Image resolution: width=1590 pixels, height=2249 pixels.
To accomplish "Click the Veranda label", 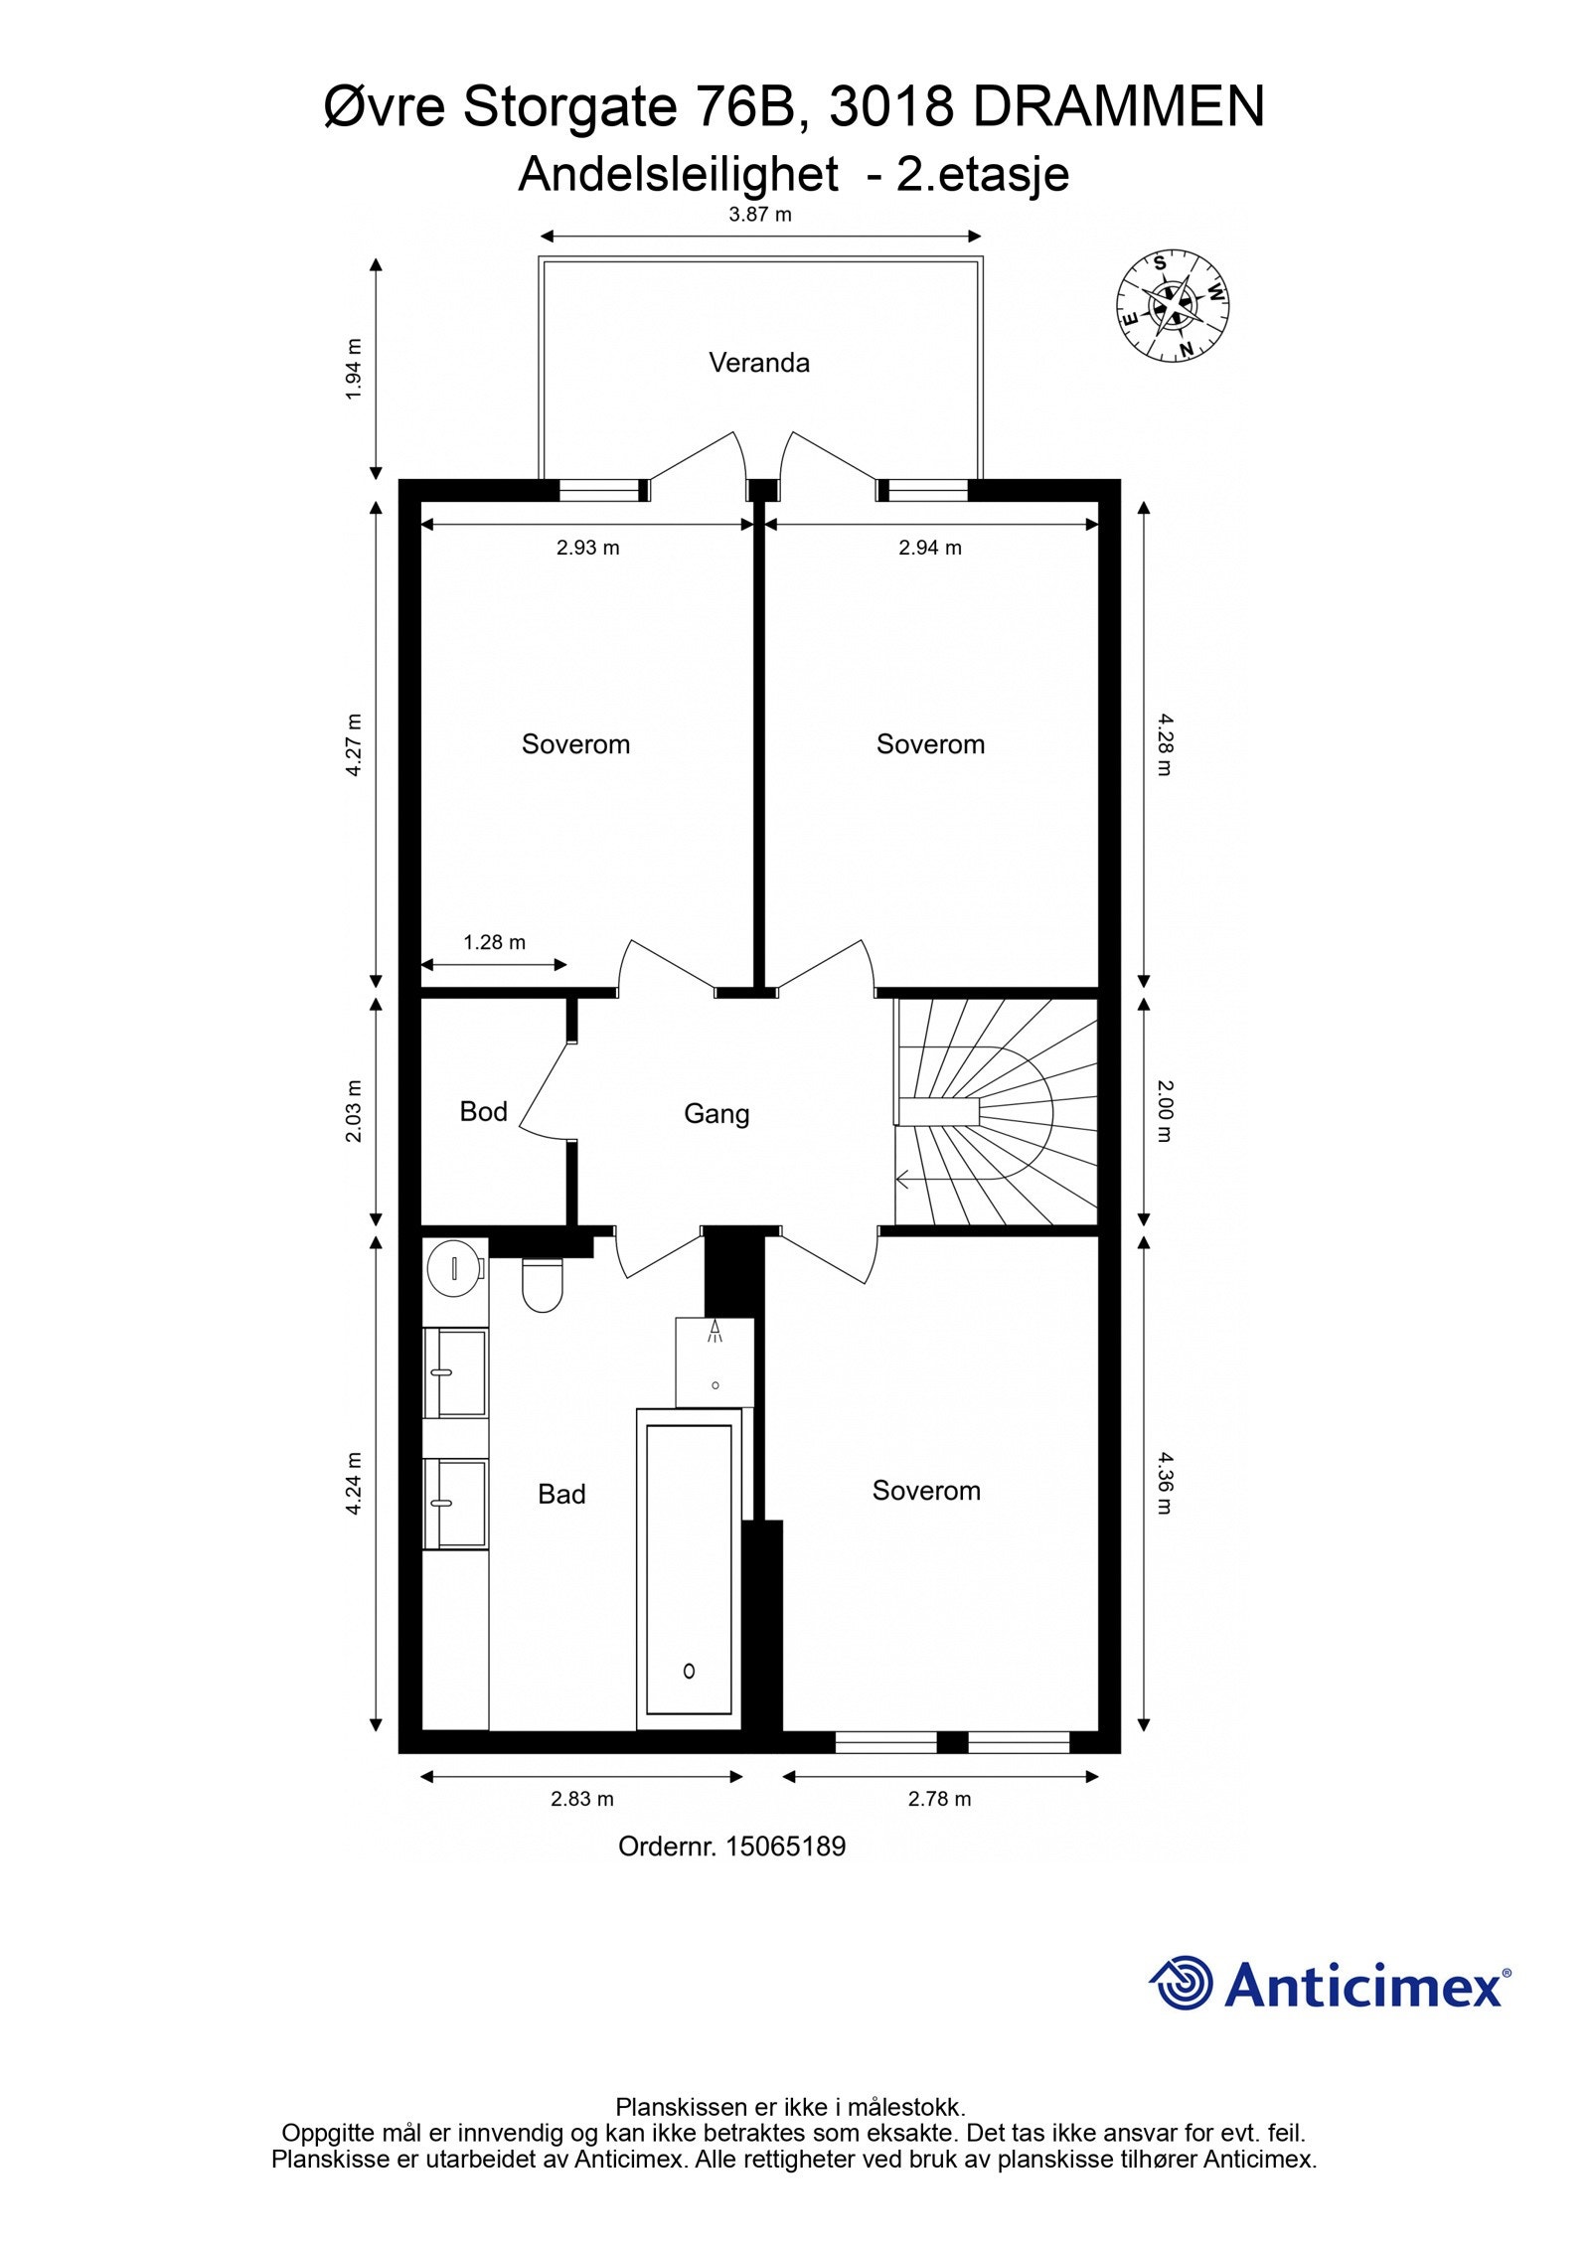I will pyautogui.click(x=758, y=363).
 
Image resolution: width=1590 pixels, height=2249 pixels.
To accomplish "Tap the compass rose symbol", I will pyautogui.click(x=1173, y=305).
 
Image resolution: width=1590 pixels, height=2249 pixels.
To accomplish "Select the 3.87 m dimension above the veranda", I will pyautogui.click(x=760, y=215).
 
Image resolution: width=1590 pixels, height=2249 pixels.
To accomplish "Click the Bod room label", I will pyautogui.click(x=483, y=1111).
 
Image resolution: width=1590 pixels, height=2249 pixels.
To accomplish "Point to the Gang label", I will pyautogui.click(x=715, y=1113).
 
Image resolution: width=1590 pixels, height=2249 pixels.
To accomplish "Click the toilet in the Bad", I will pyautogui.click(x=543, y=1284).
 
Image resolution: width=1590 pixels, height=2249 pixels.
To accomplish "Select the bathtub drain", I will pyautogui.click(x=689, y=1671).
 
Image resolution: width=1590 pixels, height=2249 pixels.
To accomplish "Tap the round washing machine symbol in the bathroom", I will pyautogui.click(x=454, y=1269).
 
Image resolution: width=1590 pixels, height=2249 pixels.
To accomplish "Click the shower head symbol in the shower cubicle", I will pyautogui.click(x=714, y=1333).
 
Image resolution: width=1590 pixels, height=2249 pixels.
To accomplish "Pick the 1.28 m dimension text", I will pyautogui.click(x=494, y=942).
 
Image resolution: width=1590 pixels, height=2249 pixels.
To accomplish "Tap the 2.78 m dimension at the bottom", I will pyautogui.click(x=939, y=1799).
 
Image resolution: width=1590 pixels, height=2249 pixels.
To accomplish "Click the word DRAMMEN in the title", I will pyautogui.click(x=1118, y=107).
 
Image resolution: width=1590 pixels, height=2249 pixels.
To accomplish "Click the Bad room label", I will pyautogui.click(x=561, y=1494).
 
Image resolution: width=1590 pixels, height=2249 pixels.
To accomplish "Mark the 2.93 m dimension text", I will pyautogui.click(x=587, y=548).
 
